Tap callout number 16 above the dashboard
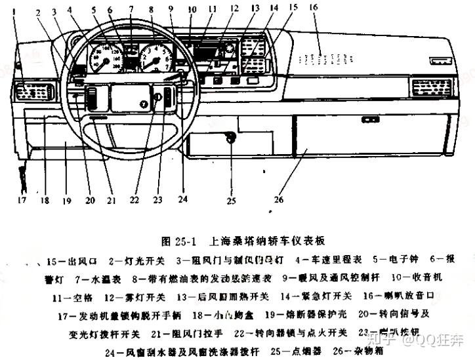point(313,7)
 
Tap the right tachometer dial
point(155,60)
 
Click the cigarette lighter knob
point(230,136)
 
